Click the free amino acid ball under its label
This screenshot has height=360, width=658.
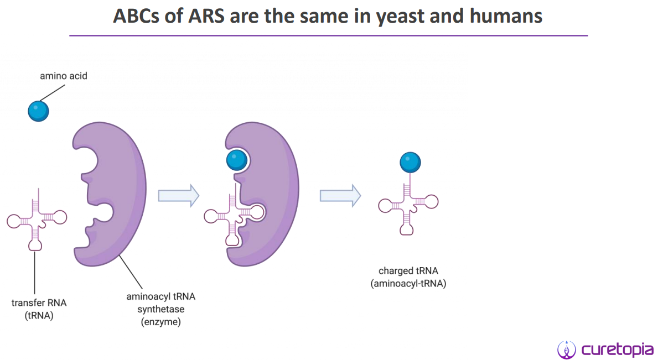38,111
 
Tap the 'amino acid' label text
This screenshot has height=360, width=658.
63,76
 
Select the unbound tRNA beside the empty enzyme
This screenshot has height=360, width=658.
37,219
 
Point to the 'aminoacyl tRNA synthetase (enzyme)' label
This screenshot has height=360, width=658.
160,309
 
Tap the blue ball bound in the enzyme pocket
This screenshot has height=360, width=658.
236,160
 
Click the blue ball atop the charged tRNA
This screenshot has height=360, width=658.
410,163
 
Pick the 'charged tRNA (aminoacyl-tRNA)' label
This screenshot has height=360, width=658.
408,277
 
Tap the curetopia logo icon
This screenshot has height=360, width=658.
566,349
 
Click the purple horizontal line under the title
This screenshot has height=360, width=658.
328,36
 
